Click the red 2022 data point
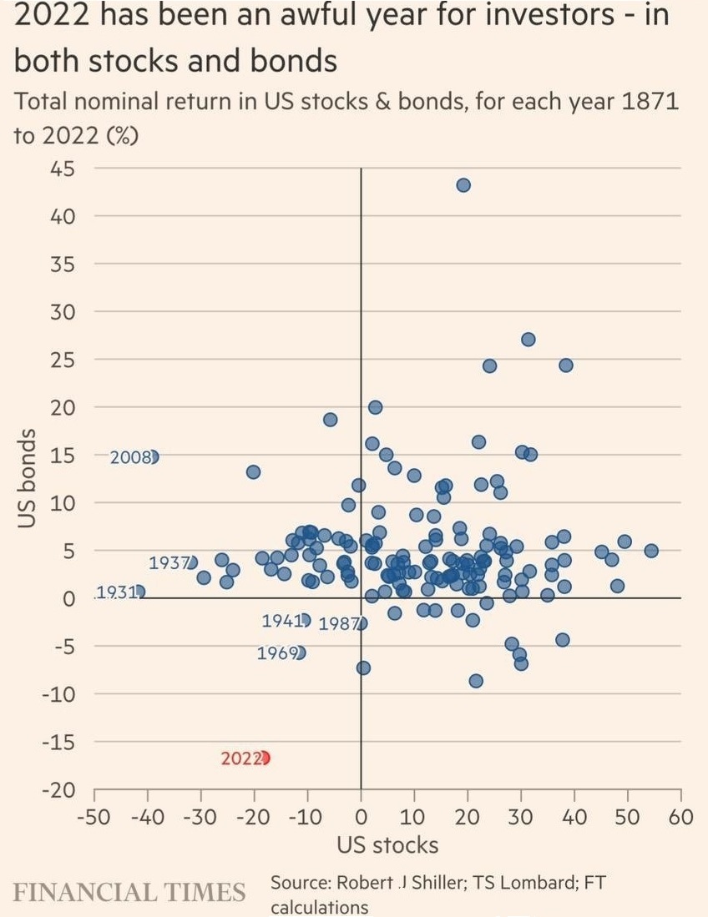click(265, 758)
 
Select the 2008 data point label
click(130, 456)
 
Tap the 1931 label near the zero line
click(115, 592)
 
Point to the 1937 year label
click(169, 563)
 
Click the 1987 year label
click(338, 624)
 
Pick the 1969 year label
click(277, 652)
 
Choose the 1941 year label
click(281, 621)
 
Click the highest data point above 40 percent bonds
click(463, 185)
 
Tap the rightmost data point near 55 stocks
click(651, 551)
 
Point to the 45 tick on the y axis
click(63, 169)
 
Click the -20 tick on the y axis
click(58, 790)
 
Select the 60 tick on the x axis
click(681, 816)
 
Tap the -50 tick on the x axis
click(94, 816)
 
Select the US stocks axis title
click(387, 845)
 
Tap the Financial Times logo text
click(129, 892)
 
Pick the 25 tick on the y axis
click(63, 360)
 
